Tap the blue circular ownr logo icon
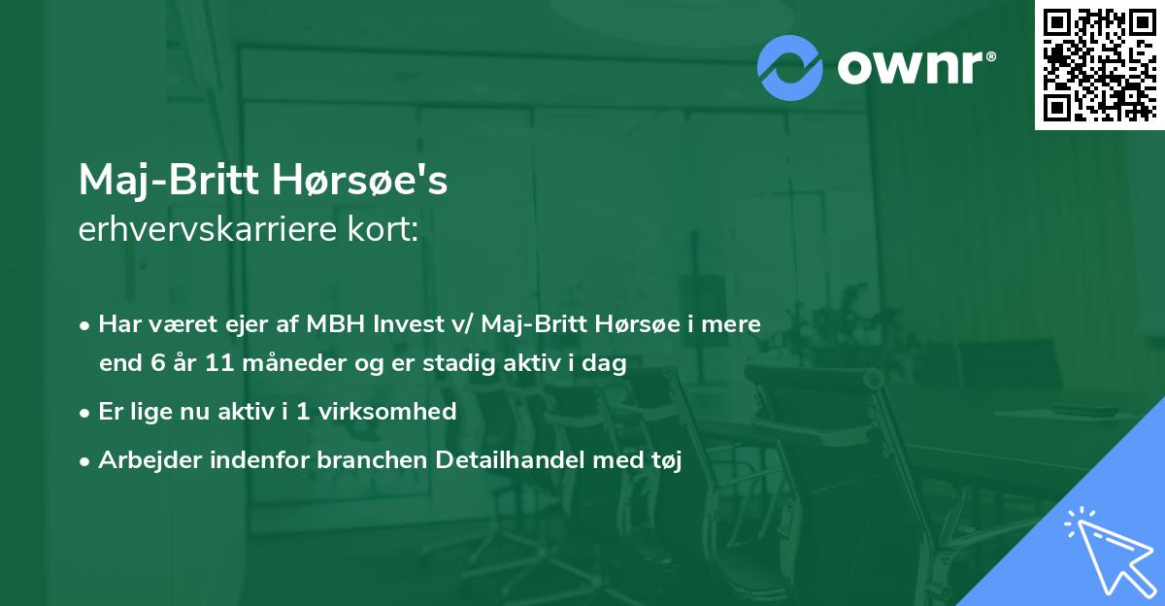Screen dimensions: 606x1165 pos(790,67)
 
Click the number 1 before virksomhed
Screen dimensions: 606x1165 pos(303,412)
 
